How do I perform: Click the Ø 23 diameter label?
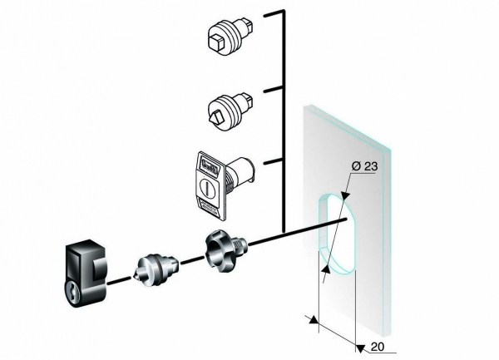365,166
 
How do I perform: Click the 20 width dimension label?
378,347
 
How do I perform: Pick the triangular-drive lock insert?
230,111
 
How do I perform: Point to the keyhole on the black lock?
76,291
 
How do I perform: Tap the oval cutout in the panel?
337,234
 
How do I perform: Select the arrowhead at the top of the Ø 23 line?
345,196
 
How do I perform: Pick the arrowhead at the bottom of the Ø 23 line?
326,269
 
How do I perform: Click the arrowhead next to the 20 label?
360,348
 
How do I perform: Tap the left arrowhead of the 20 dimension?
314,319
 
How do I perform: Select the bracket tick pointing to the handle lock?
274,161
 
